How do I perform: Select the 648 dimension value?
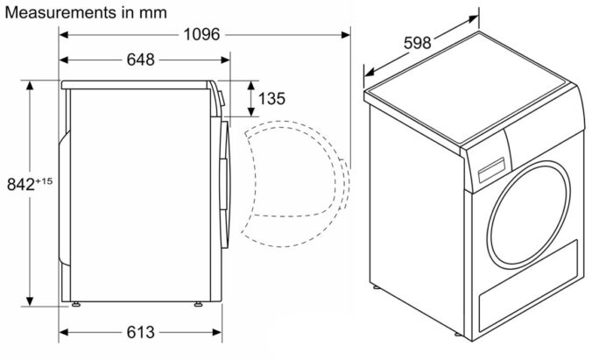tap(140, 60)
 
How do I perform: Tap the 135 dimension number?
tap(271, 99)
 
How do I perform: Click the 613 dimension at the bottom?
tap(140, 332)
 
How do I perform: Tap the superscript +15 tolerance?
tap(45, 180)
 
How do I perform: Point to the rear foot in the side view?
tap(77, 304)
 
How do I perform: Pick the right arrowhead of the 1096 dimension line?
tap(345, 34)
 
